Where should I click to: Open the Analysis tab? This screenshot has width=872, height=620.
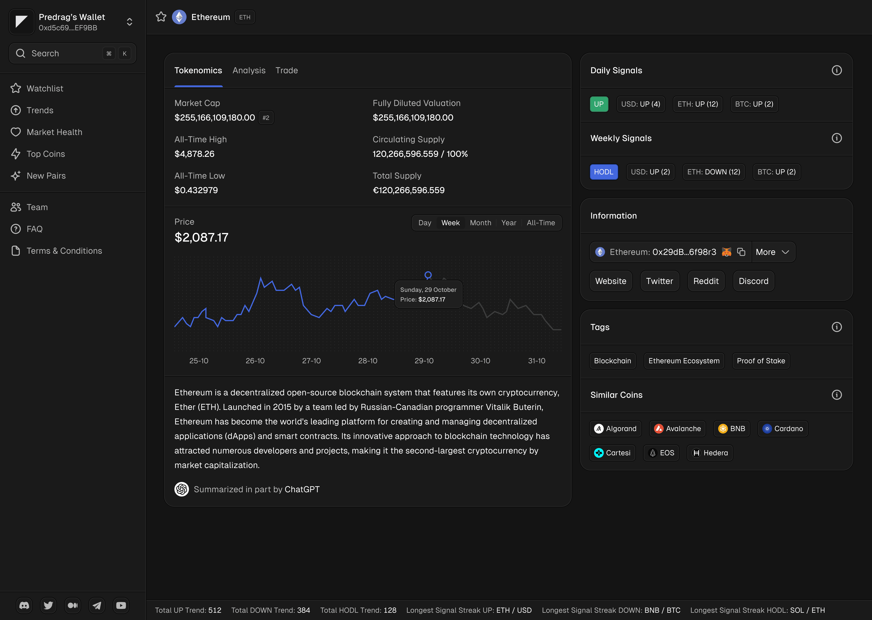tap(249, 71)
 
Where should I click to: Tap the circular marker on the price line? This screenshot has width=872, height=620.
tap(428, 275)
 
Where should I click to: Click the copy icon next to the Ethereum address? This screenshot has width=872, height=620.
tap(741, 252)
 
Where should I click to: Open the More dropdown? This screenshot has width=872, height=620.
tap(773, 252)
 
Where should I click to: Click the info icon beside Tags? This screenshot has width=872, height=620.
tap(836, 327)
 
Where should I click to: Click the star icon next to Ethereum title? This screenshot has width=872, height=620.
tap(161, 17)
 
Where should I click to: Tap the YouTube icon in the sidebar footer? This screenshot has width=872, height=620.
tap(121, 605)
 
